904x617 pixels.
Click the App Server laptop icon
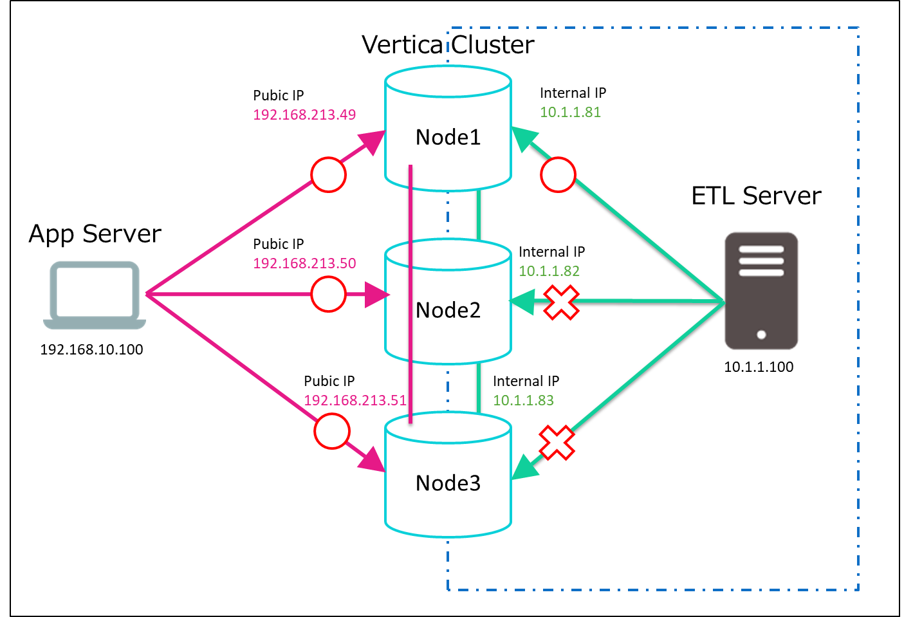[94, 295]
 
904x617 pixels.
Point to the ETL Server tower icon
[761, 291]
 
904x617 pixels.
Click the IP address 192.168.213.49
[304, 115]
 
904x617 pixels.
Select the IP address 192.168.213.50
[304, 263]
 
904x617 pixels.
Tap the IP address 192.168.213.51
[355, 400]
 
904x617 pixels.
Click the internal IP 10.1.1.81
[570, 112]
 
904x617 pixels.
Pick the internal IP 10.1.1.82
[549, 271]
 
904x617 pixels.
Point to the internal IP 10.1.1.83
[523, 400]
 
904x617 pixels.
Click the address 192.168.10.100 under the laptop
[91, 349]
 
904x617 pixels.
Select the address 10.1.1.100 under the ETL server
[759, 367]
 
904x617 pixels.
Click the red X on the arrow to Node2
[562, 302]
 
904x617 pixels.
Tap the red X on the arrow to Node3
[557, 443]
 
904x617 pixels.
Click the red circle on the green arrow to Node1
[558, 174]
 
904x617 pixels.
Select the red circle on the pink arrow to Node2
[328, 294]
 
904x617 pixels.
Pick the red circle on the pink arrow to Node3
[332, 431]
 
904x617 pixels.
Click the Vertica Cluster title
[448, 44]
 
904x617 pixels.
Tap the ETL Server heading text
[756, 196]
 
